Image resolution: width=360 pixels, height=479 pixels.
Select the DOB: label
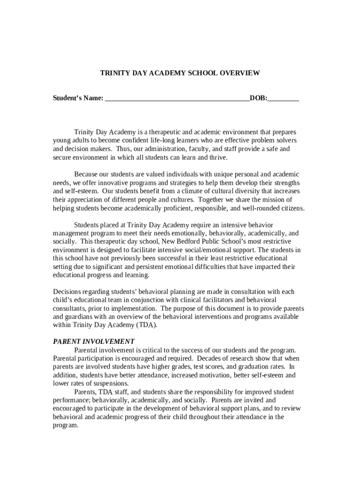pyautogui.click(x=259, y=98)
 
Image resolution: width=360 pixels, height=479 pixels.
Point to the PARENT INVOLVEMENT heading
pyautogui.click(x=94, y=341)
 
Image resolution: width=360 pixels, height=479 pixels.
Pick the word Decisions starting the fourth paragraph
pyautogui.click(x=67, y=291)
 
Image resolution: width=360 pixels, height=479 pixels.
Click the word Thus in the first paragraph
pyautogui.click(x=124, y=149)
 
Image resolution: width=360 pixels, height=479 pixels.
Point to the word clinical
pyautogui.click(x=195, y=299)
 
